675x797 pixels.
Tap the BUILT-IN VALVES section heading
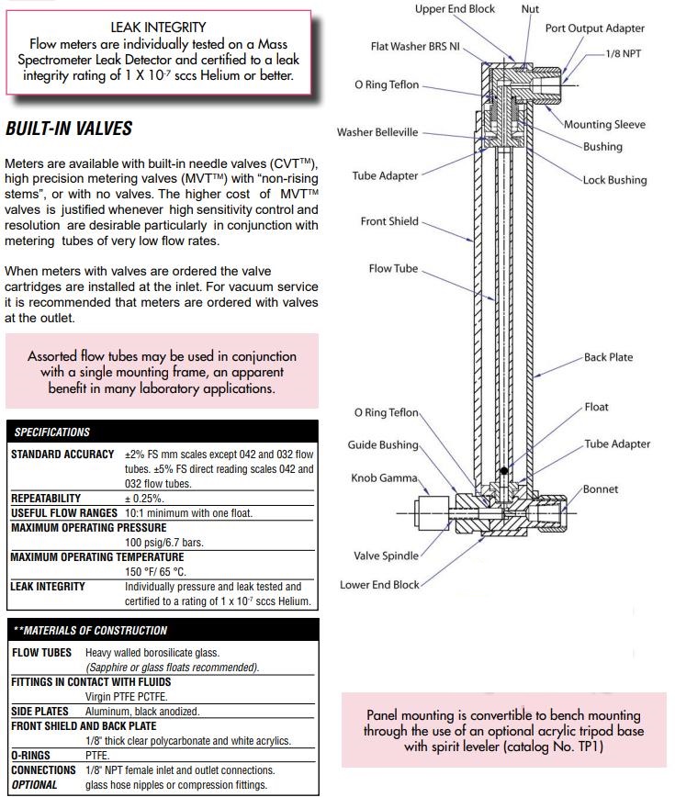(x=69, y=129)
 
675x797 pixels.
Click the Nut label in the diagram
(x=530, y=9)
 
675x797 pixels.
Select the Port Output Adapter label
(x=594, y=28)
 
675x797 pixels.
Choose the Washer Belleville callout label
(x=377, y=132)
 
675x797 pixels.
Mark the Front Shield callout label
(x=389, y=221)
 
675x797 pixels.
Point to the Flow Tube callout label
(x=393, y=269)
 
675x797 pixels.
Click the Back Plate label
(x=608, y=357)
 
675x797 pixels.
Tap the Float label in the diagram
(x=596, y=407)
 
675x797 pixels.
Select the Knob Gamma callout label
(x=384, y=478)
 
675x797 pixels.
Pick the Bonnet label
(x=600, y=489)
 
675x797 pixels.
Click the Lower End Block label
(x=379, y=585)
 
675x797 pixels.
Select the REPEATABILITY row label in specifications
(x=46, y=498)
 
